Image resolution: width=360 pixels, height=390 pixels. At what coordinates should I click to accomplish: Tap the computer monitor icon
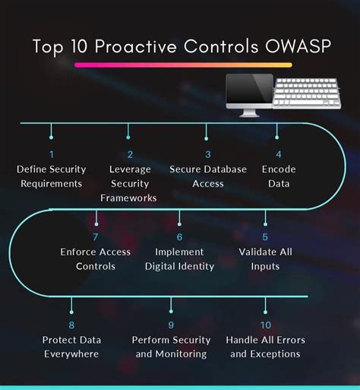click(x=248, y=96)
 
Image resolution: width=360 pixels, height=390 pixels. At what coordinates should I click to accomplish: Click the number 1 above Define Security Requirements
click(x=51, y=155)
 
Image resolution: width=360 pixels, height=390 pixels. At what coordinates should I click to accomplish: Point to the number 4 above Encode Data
click(x=277, y=155)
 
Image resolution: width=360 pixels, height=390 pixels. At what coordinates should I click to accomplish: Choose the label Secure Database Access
click(x=208, y=176)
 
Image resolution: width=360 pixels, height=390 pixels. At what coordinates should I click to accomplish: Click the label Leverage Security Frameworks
click(x=130, y=184)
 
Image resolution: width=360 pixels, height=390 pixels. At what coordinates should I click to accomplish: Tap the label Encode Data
click(x=279, y=176)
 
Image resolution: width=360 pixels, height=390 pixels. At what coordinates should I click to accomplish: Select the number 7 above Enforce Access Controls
click(x=96, y=237)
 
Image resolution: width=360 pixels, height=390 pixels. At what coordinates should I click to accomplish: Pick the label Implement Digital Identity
click(x=179, y=259)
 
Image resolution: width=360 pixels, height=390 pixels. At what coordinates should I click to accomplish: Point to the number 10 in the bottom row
click(x=265, y=324)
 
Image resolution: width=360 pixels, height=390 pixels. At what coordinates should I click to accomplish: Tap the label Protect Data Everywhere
click(x=71, y=347)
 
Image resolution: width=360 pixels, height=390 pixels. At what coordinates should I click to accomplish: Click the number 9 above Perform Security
click(x=170, y=324)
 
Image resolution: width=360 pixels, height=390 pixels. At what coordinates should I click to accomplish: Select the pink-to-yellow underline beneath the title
click(x=182, y=65)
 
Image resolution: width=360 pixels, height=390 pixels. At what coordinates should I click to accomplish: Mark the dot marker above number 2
click(x=129, y=137)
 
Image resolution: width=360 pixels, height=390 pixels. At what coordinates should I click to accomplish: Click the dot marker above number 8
click(x=71, y=309)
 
